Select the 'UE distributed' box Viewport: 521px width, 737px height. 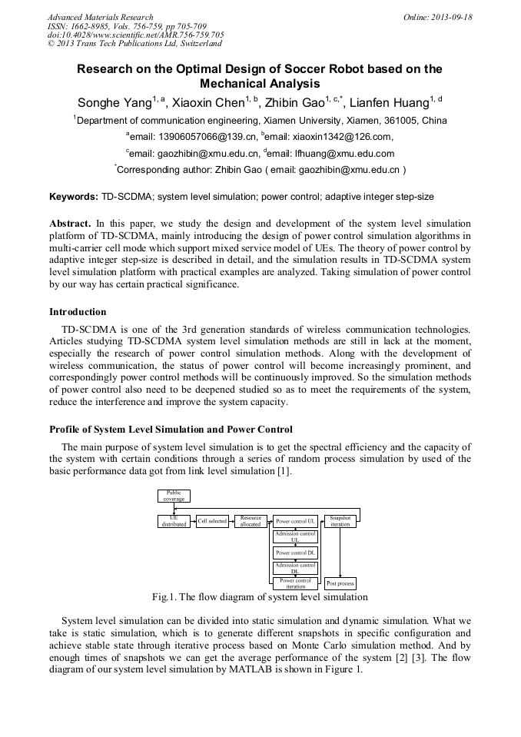pyautogui.click(x=174, y=521)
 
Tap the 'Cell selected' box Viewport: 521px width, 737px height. pyautogui.click(x=212, y=521)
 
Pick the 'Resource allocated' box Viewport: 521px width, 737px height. pyautogui.click(x=251, y=521)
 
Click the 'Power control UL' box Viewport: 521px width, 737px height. pyautogui.click(x=295, y=521)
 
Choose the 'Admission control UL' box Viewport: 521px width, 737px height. pyautogui.click(x=295, y=536)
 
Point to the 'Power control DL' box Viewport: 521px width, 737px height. pyautogui.click(x=295, y=553)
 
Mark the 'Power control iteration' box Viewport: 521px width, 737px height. pyautogui.click(x=295, y=583)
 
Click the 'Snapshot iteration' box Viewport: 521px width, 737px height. pyautogui.click(x=340, y=521)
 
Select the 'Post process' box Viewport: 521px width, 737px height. pyautogui.click(x=340, y=583)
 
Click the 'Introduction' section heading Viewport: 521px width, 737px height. pyautogui.click(x=78, y=312)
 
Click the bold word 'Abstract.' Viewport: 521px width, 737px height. pyautogui.click(x=71, y=222)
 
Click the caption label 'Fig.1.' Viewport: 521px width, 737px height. pyautogui.click(x=164, y=597)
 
